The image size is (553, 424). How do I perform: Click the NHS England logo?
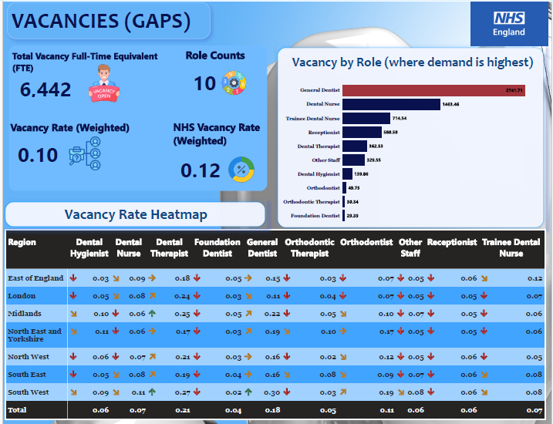509,24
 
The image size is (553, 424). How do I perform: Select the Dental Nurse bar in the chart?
391,104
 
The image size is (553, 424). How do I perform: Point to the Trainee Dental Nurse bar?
366,119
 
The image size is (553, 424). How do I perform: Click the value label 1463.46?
450,104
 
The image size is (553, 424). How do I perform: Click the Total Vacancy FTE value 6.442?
46,89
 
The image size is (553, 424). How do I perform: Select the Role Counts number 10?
204,83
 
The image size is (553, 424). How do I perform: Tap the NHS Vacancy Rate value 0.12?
201,170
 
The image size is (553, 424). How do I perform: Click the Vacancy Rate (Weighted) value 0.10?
38,155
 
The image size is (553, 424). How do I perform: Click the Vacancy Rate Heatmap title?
135,214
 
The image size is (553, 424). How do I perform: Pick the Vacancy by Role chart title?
412,62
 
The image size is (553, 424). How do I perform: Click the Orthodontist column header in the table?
366,242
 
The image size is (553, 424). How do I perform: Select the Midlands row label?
24,314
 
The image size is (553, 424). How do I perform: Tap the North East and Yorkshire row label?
34,335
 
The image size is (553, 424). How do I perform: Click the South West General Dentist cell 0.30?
271,392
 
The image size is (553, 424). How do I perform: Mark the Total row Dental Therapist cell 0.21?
182,410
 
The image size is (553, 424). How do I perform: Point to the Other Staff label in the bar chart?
325,160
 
